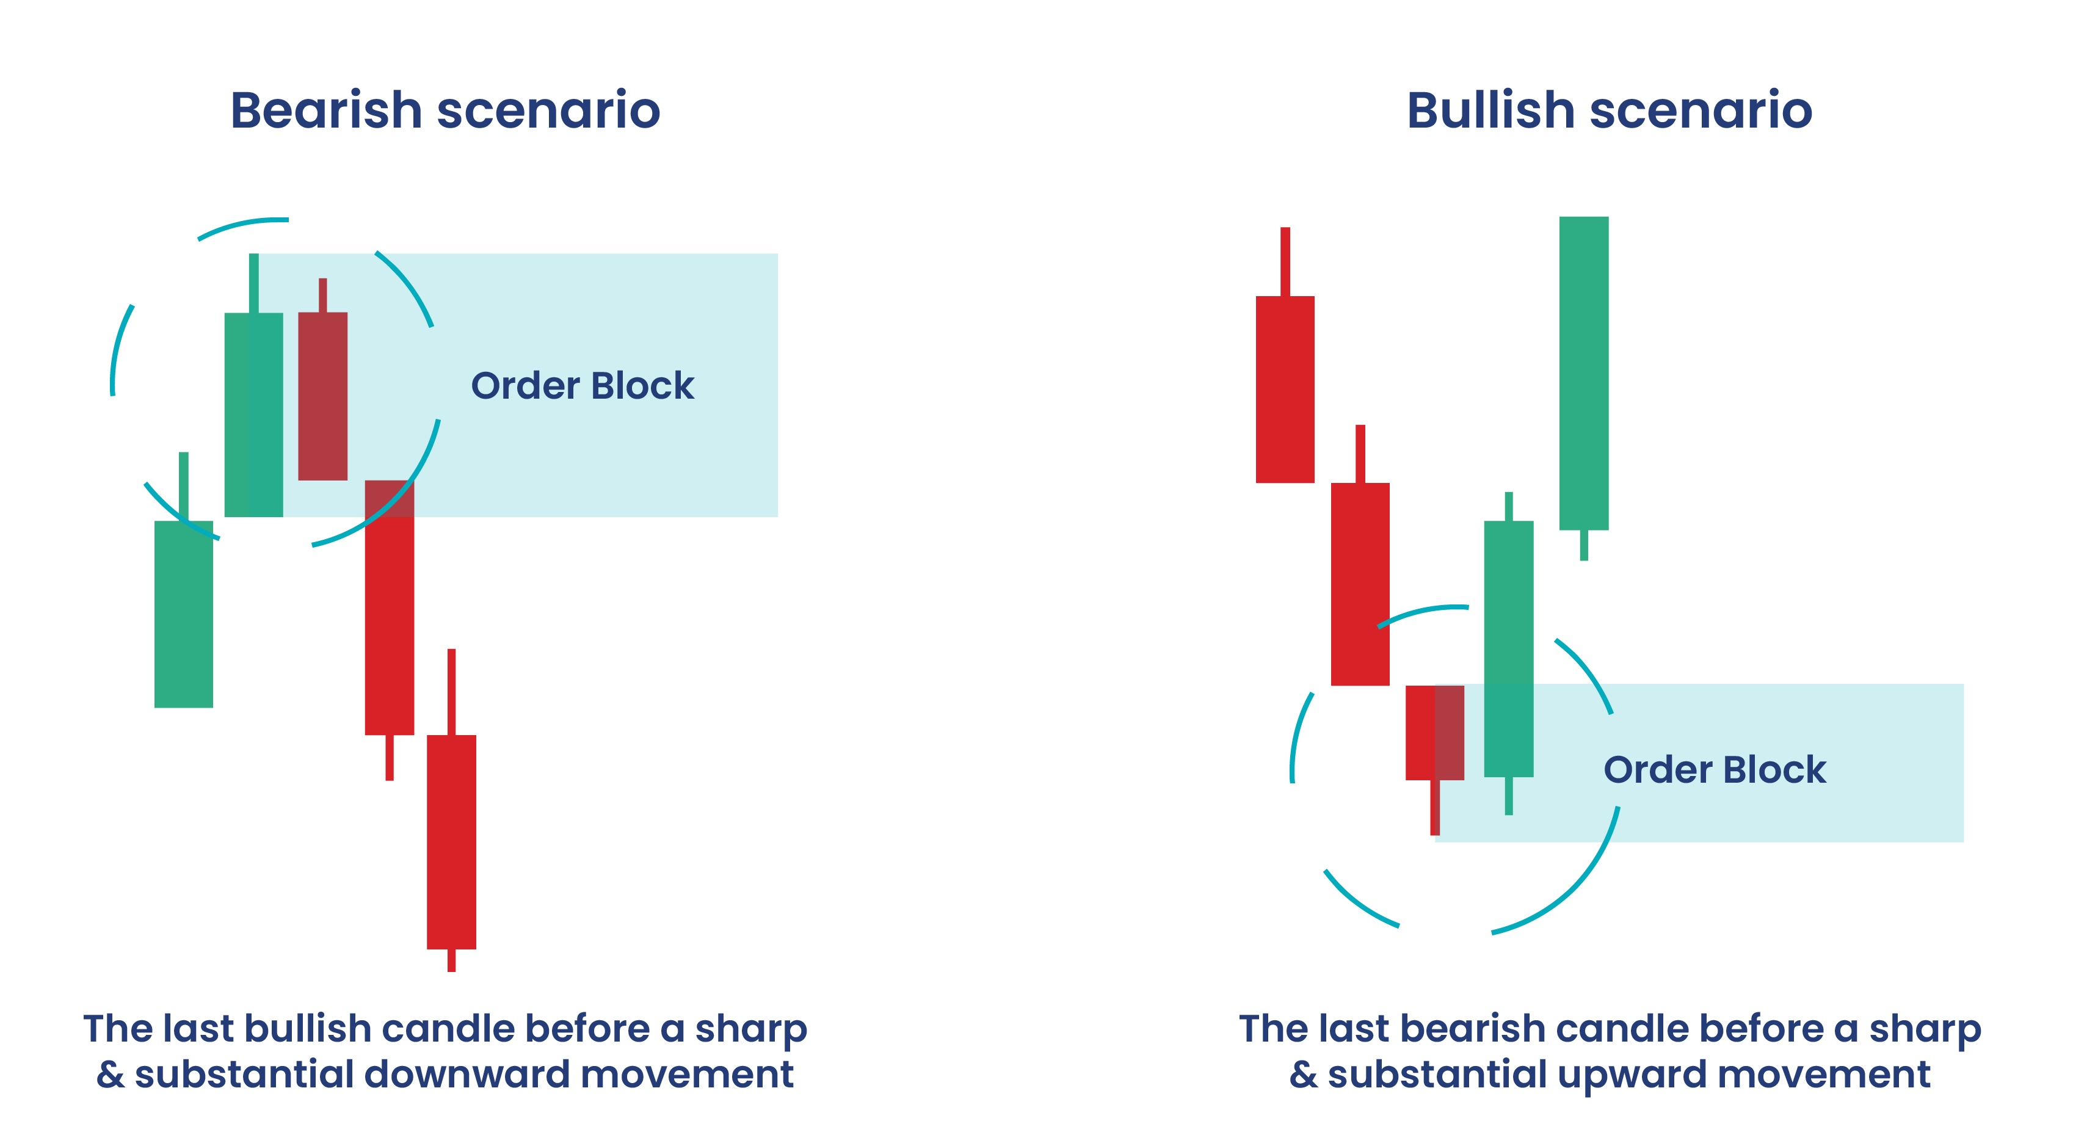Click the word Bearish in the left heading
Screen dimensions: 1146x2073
coord(326,111)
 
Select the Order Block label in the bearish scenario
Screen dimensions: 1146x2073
coord(582,385)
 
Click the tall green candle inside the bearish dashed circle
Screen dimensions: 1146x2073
coord(253,414)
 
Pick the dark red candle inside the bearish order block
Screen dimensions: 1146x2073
coord(322,396)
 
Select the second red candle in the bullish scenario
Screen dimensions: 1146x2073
coord(1360,584)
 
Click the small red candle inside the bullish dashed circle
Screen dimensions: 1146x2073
coord(1434,732)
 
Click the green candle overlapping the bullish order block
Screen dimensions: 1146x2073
coord(1508,648)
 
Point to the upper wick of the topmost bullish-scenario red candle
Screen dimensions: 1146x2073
coord(1285,261)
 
